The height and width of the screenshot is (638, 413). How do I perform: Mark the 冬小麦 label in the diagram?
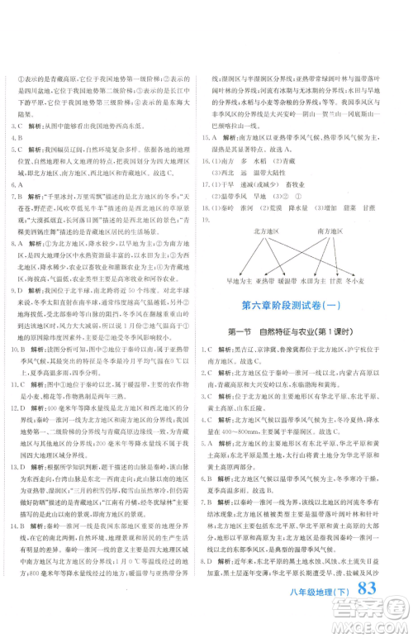click(x=382, y=281)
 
